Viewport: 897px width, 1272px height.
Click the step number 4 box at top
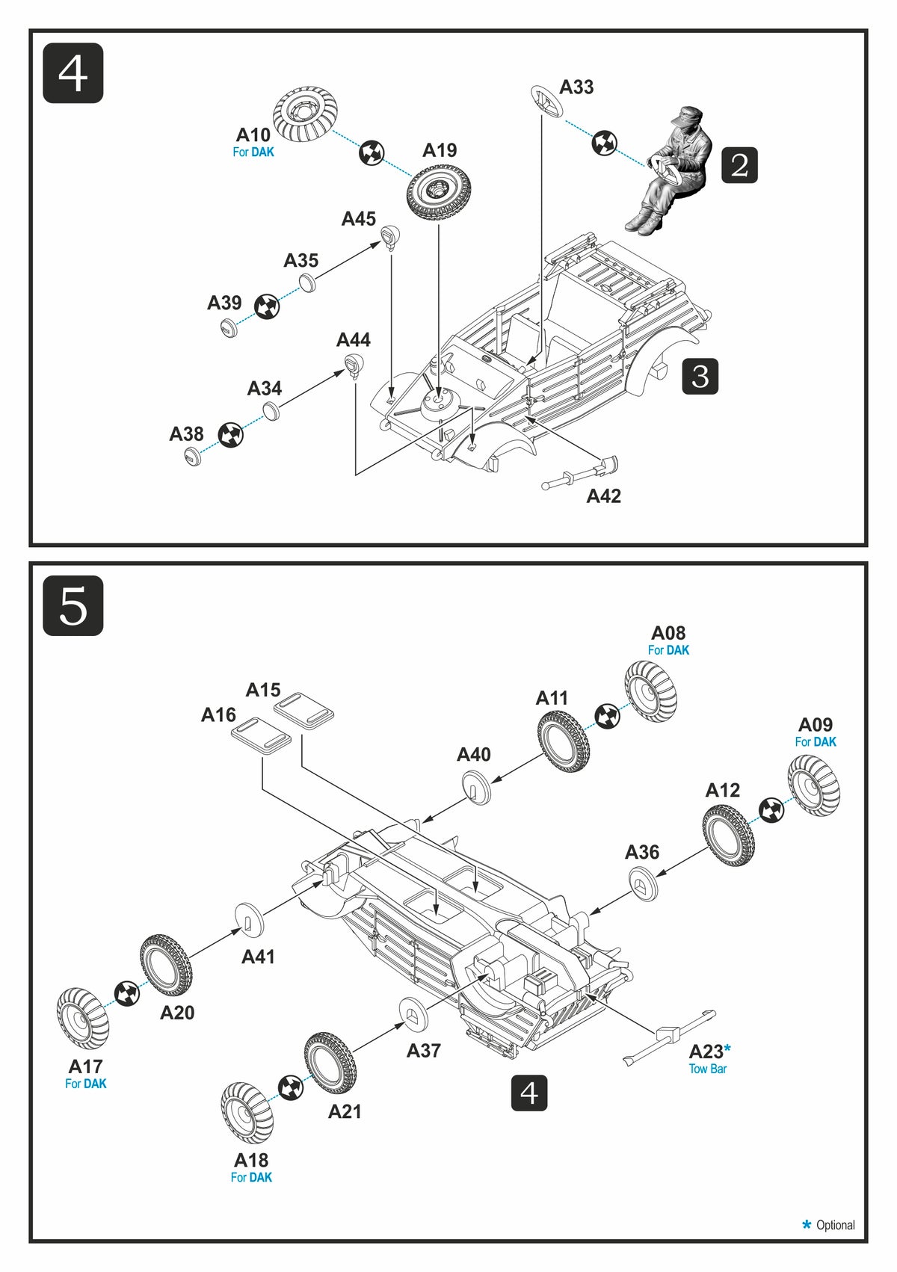[73, 73]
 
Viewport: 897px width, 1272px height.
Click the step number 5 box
[73, 605]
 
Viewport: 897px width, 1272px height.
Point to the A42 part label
[604, 496]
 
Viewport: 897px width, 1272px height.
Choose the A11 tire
[562, 741]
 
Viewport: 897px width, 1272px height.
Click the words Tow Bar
[707, 1069]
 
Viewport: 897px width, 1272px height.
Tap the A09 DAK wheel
[813, 785]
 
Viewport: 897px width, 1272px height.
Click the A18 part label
[251, 1160]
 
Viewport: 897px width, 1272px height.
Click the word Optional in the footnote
[835, 1225]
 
